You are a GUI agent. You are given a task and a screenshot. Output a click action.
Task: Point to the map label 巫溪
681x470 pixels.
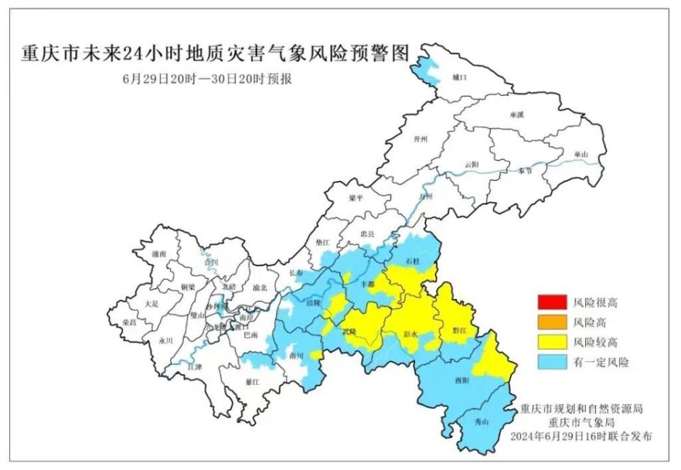coord(516,114)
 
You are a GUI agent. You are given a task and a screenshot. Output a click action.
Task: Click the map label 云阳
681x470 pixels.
coord(472,165)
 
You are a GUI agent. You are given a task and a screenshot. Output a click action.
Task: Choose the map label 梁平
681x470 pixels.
coord(356,199)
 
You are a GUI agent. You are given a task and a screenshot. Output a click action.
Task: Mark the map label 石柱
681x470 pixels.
coord(414,262)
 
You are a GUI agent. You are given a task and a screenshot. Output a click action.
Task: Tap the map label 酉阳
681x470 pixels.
coord(462,381)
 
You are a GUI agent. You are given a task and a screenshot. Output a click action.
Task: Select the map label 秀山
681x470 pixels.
coord(482,422)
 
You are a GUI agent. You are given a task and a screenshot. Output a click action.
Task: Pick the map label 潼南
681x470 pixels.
coord(159,253)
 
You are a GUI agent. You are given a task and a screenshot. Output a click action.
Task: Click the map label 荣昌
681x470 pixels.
coord(129,322)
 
